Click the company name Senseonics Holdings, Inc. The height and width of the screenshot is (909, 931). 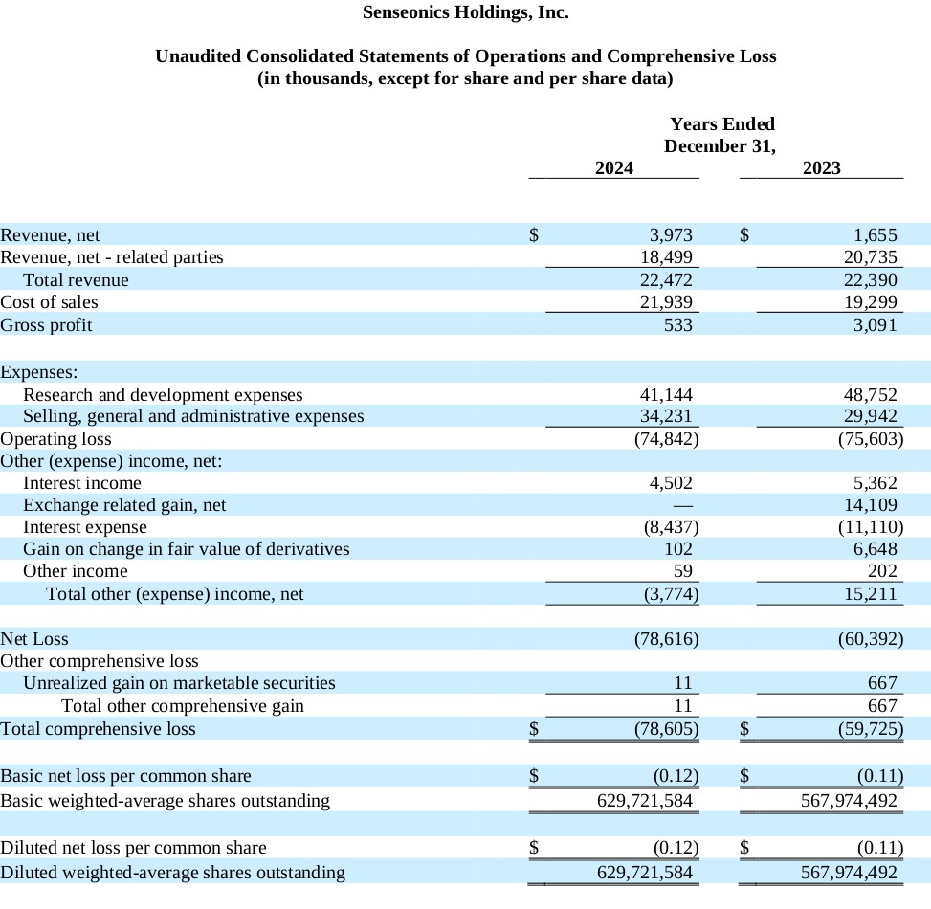coord(465,13)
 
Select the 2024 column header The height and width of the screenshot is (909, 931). coord(613,168)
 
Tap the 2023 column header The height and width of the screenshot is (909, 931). coord(821,168)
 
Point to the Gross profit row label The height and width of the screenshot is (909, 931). coord(46,325)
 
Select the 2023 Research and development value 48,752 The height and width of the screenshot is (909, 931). coord(871,395)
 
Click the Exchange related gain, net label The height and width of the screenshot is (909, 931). coord(124,505)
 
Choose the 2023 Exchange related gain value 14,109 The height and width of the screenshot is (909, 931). coord(871,505)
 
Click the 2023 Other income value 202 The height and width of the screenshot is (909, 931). coord(881,571)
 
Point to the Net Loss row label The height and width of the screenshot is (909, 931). coord(34,638)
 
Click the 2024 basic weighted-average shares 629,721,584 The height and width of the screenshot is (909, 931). coord(644,801)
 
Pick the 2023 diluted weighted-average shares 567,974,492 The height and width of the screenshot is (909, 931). coord(849,873)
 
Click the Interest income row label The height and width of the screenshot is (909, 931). coord(82,483)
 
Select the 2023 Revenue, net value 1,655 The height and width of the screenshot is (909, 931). coord(876,235)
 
